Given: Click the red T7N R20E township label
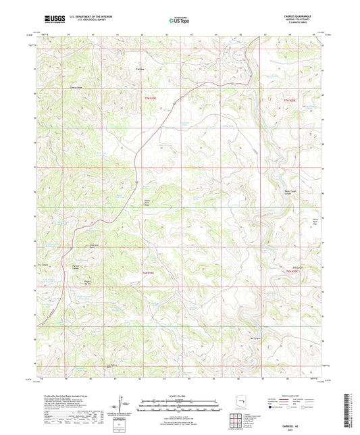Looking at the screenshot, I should (290, 101).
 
